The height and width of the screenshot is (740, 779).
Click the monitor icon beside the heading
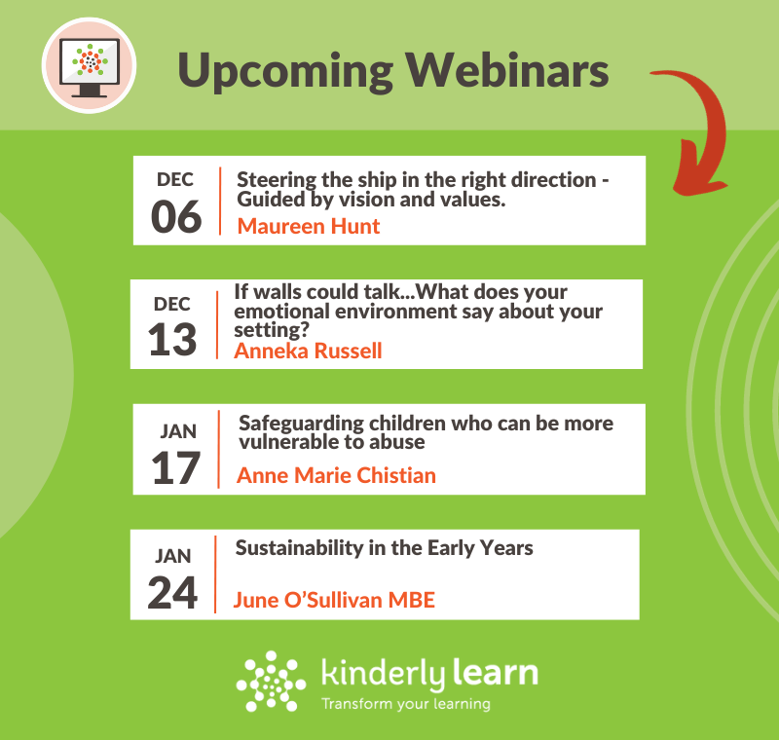tap(90, 66)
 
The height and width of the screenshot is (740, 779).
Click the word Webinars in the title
tap(507, 70)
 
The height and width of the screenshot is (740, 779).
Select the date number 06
tap(176, 216)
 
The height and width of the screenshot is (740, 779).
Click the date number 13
tap(172, 340)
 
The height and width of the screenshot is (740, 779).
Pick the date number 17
tap(175, 467)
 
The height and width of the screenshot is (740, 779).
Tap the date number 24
tap(172, 593)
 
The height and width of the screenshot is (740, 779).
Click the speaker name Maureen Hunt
tap(309, 227)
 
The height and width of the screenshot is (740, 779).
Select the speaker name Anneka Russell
tap(308, 351)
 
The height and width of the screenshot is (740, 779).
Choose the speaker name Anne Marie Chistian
tap(336, 475)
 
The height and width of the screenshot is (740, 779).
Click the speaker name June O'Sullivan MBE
tap(334, 600)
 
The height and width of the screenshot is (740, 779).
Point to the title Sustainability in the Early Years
tap(384, 548)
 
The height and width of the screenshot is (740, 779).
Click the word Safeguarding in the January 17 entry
tap(301, 424)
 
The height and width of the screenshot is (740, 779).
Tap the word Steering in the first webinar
tap(277, 180)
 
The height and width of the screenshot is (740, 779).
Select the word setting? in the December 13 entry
tap(272, 330)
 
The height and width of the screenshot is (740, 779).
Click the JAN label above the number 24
tap(173, 556)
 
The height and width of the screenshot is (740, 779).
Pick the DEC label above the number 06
tap(175, 179)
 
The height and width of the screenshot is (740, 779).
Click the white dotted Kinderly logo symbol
tap(271, 681)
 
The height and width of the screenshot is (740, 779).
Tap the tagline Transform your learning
tap(406, 704)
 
